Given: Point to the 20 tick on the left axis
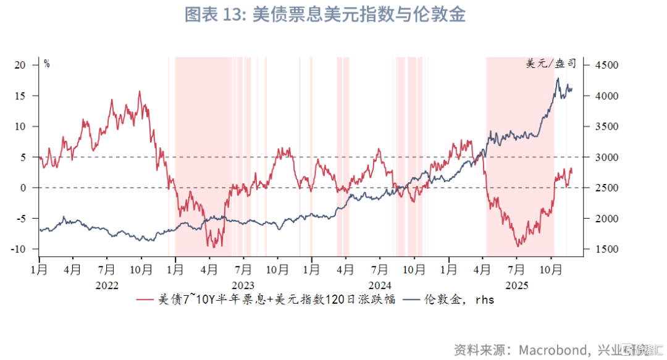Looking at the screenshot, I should (x=22, y=65).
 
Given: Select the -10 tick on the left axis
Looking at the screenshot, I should (x=19, y=249).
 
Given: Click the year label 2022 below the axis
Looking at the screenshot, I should (x=106, y=285).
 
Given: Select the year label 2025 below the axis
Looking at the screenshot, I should (x=516, y=285).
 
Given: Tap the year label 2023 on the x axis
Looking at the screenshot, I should (x=243, y=285).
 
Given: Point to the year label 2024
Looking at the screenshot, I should (x=380, y=285).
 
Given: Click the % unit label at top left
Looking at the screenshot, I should (x=46, y=64).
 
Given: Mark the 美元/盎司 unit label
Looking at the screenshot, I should (x=551, y=64).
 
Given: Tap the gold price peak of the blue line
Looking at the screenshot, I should (x=558, y=78).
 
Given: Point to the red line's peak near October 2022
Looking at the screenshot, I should (x=140, y=91).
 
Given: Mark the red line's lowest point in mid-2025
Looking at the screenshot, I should (x=518, y=246).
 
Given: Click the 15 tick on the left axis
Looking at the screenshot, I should (x=22, y=96).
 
